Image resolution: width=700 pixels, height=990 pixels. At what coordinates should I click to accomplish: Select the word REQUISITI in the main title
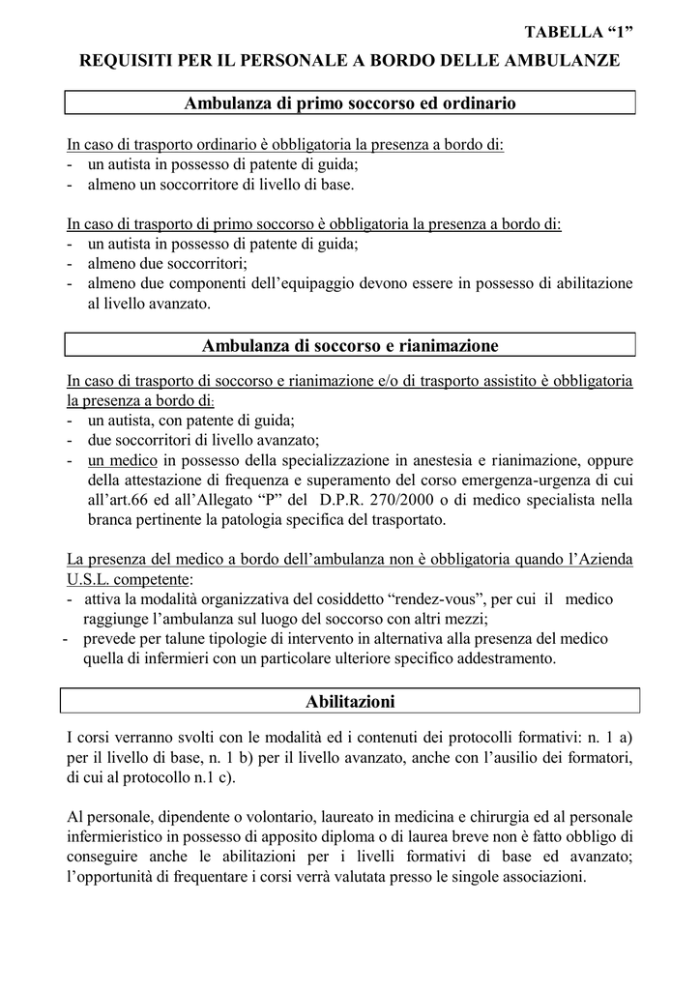(126, 61)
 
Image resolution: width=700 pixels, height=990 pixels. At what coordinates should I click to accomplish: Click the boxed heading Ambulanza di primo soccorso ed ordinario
(350, 102)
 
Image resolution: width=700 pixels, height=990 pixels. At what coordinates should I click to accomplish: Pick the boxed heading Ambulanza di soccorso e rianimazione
(350, 345)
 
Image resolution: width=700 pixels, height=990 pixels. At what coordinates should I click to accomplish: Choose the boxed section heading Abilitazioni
(350, 700)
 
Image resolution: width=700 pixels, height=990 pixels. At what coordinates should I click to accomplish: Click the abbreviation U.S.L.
(89, 580)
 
